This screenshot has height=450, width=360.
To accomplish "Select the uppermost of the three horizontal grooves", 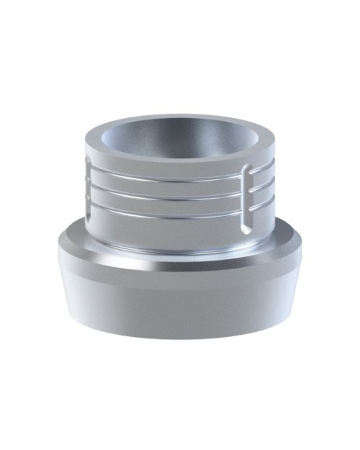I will (173, 177).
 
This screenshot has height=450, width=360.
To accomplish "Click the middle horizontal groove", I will (173, 193).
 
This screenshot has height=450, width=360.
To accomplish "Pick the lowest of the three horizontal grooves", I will (173, 208).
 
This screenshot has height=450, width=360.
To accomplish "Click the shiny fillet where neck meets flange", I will (173, 248).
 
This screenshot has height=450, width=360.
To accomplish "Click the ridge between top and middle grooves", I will (173, 185).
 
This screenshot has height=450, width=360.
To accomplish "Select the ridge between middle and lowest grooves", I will (173, 201).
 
